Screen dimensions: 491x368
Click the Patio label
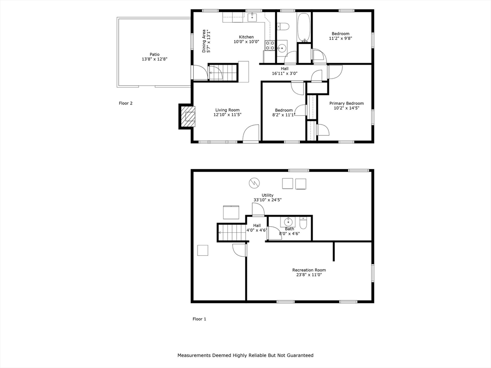154,55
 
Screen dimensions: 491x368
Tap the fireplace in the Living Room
187,116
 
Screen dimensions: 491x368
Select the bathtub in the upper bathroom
304,27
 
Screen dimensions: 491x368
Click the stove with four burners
270,46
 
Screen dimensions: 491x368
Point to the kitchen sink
252,18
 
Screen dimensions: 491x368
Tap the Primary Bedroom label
346,103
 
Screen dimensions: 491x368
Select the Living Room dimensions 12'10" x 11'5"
227,115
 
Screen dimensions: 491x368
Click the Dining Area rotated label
204,41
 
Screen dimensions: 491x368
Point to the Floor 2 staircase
222,72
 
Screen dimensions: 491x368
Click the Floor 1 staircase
232,232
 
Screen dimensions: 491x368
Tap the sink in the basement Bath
288,222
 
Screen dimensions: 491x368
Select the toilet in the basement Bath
304,223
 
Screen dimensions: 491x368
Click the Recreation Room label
309,270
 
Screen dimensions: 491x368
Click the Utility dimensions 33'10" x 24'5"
268,200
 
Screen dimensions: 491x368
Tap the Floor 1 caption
199,319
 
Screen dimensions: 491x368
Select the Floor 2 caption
126,103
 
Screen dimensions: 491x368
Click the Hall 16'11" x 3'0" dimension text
284,73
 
